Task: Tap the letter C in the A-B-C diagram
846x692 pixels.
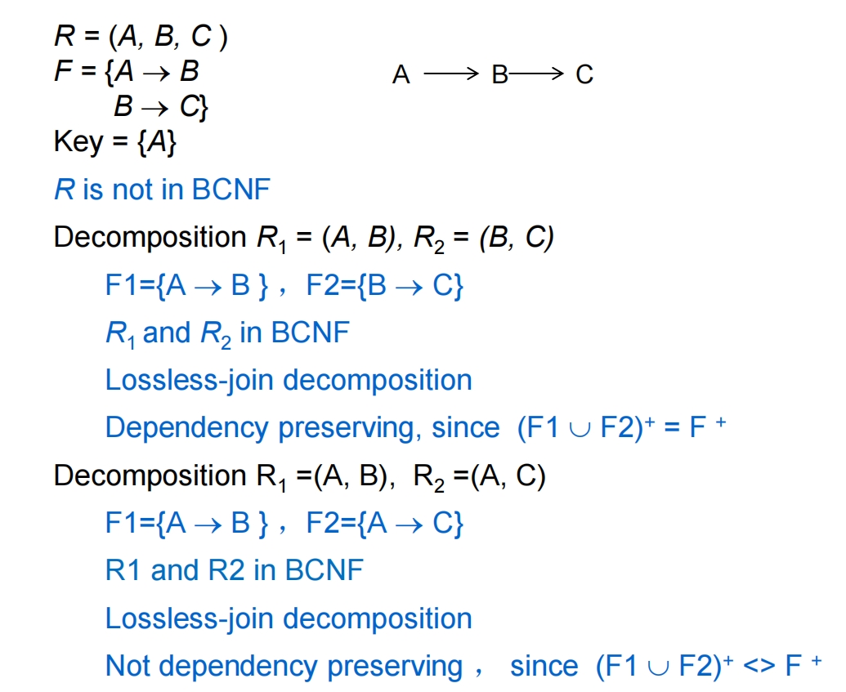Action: pyautogui.click(x=584, y=75)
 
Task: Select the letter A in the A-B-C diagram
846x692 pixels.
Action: pyautogui.click(x=401, y=75)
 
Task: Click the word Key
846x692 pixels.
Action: pyautogui.click(x=78, y=142)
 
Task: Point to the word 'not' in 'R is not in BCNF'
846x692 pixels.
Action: pyautogui.click(x=135, y=190)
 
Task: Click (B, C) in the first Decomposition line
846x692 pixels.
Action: pyautogui.click(x=517, y=238)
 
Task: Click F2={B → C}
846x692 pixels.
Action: pyautogui.click(x=385, y=285)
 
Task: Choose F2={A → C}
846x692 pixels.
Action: pyautogui.click(x=385, y=523)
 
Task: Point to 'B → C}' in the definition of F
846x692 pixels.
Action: pyautogui.click(x=161, y=107)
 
